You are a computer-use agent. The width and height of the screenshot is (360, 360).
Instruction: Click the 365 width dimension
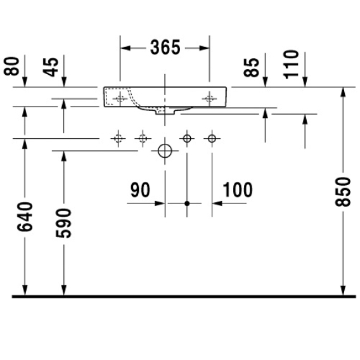pyautogui.click(x=165, y=48)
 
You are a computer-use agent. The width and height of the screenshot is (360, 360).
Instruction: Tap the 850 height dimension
pyautogui.click(x=343, y=191)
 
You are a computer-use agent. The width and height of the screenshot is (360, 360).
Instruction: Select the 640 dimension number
pyautogui.click(x=25, y=216)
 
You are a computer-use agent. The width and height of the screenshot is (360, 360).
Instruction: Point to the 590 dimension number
pyautogui.click(x=63, y=223)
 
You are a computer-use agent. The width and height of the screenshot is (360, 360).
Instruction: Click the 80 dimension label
pyautogui.click(x=11, y=66)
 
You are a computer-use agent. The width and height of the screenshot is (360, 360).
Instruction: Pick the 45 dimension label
pyautogui.click(x=51, y=67)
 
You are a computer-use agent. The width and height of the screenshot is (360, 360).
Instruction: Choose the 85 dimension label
pyautogui.click(x=252, y=67)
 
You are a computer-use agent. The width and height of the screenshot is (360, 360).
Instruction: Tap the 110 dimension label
pyautogui.click(x=291, y=64)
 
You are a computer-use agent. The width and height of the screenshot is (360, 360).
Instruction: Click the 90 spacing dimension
pyautogui.click(x=140, y=190)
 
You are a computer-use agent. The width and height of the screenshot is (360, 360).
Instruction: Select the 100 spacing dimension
pyautogui.click(x=238, y=190)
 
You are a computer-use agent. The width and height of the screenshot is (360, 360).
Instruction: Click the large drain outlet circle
pyautogui.click(x=165, y=151)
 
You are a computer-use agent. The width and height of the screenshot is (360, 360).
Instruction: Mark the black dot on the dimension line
pyautogui.click(x=187, y=203)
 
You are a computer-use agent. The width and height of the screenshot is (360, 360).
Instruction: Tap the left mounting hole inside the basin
pyautogui.click(x=120, y=99)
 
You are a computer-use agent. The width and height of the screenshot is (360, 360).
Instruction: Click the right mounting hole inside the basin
pyautogui.click(x=209, y=99)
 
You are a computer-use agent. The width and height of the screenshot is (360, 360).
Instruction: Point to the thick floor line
pyautogui.click(x=184, y=297)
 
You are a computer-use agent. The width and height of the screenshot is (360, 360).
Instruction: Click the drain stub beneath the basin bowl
pyautogui.click(x=165, y=112)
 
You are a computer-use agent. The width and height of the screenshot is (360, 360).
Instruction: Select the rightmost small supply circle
pyautogui.click(x=212, y=138)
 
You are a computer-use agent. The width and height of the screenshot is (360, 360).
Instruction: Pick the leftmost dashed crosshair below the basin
pyautogui.click(x=119, y=139)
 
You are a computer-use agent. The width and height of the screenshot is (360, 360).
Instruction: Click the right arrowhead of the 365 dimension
pyautogui.click(x=204, y=48)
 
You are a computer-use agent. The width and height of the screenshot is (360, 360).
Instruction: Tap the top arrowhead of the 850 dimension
pyautogui.click(x=343, y=93)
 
